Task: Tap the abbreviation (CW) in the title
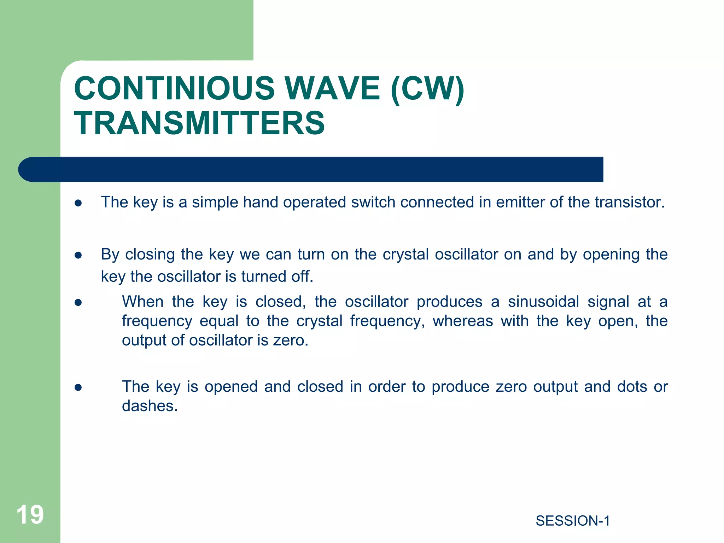[x=427, y=89]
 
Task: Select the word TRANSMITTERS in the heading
[x=199, y=123]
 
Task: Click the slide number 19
[x=30, y=514]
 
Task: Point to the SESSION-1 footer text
[x=573, y=521]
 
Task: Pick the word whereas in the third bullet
[x=463, y=321]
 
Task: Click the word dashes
[x=150, y=406]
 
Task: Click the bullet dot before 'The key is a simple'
[x=78, y=203]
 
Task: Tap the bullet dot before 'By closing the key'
[x=78, y=255]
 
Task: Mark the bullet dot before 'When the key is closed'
[x=78, y=303]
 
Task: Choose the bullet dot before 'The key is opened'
[x=78, y=387]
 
